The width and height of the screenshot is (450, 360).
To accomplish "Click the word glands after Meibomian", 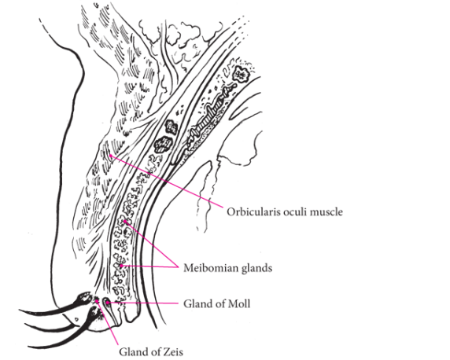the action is pyautogui.click(x=256, y=268).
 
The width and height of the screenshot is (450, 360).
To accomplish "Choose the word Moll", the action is pyautogui.click(x=240, y=303).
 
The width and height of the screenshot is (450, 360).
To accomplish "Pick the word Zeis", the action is pyautogui.click(x=172, y=351).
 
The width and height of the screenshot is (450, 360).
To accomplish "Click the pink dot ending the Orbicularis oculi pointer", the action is pyautogui.click(x=110, y=156).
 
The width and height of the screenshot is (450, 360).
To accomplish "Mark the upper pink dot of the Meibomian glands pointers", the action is pyautogui.click(x=125, y=222).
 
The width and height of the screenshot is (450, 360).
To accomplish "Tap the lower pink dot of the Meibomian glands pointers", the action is pyautogui.click(x=121, y=266).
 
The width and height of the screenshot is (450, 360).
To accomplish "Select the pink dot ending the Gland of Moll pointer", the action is pyautogui.click(x=108, y=302).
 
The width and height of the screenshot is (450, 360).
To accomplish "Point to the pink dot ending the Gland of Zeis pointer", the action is pyautogui.click(x=97, y=300).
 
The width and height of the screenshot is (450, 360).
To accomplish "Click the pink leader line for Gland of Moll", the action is pyautogui.click(x=143, y=303).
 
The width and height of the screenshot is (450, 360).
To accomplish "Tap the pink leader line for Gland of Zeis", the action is pyautogui.click(x=108, y=322).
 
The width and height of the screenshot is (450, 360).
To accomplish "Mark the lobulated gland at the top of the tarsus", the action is pyautogui.click(x=241, y=74).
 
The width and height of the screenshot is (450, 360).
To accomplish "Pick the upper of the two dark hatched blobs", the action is pyautogui.click(x=171, y=127).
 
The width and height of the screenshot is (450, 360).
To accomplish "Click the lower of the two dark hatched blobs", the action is pyautogui.click(x=164, y=144).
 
